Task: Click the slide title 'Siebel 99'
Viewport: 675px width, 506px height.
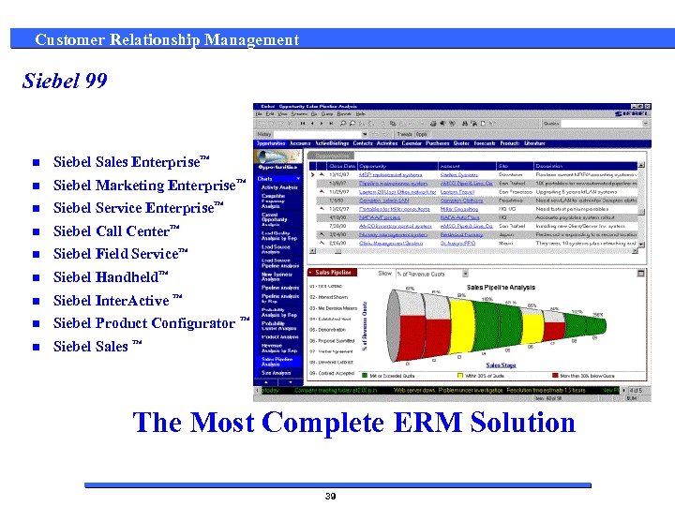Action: (65, 82)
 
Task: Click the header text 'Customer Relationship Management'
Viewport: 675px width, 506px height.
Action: (167, 39)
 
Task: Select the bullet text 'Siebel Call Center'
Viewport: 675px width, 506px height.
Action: (111, 231)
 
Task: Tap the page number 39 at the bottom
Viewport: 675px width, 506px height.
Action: (330, 496)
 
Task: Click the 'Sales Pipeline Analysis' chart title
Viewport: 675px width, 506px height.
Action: (501, 288)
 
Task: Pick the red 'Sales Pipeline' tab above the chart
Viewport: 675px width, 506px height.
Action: (333, 273)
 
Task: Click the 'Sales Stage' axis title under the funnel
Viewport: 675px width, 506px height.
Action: (501, 365)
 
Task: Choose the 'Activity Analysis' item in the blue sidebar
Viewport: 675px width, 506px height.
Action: (279, 187)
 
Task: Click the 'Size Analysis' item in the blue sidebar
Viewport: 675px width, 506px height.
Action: (276, 373)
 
